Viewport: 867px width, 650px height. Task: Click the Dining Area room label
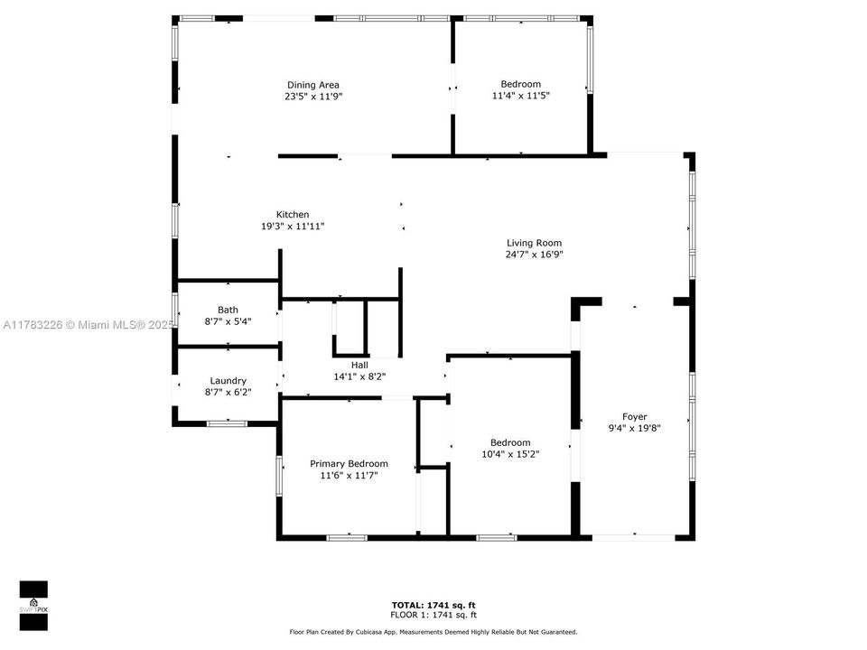point(313,85)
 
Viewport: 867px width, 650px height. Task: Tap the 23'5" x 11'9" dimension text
point(313,96)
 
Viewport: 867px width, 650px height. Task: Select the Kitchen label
point(292,215)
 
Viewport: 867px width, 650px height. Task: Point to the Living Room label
point(534,243)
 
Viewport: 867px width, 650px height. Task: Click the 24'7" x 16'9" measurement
point(534,255)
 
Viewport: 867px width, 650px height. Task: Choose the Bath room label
point(228,310)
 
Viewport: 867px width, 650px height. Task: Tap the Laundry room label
point(228,381)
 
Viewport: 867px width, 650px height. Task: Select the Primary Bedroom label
point(349,464)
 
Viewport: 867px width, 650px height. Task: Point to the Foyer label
point(635,417)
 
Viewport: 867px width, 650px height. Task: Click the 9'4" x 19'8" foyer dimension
point(635,429)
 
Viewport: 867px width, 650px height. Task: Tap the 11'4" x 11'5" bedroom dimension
point(521,96)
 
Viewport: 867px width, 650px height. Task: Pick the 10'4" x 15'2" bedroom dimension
point(510,454)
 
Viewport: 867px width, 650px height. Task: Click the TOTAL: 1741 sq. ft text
point(433,604)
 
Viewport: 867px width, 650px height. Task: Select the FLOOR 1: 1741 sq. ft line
point(433,614)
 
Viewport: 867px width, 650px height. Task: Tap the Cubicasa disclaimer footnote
point(433,632)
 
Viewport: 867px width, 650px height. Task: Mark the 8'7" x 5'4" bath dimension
point(228,321)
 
